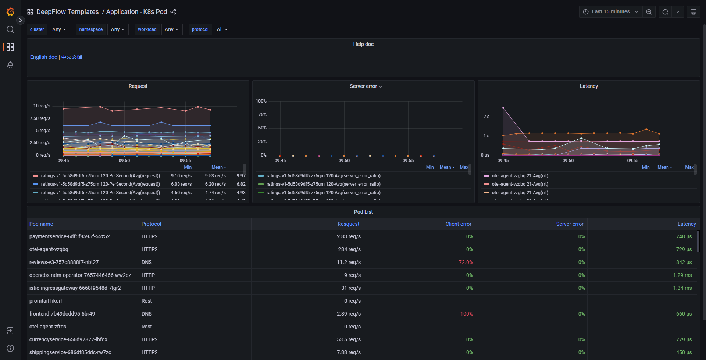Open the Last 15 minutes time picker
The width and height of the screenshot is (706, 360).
(x=610, y=12)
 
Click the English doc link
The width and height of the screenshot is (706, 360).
(x=43, y=57)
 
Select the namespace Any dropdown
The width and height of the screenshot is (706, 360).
(x=118, y=29)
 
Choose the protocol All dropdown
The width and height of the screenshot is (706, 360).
(x=222, y=29)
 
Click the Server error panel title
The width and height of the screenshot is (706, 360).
(x=363, y=86)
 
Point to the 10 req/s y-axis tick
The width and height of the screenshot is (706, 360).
(x=42, y=106)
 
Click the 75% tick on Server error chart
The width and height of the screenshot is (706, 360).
(x=262, y=115)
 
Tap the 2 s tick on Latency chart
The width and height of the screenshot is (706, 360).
(x=486, y=117)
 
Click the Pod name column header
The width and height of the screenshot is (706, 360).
(x=41, y=224)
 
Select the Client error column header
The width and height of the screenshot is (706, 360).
(x=458, y=224)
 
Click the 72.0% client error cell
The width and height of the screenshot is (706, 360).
(x=466, y=262)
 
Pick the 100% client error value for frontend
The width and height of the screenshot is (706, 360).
(x=466, y=314)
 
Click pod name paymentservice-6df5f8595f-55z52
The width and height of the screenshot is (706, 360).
(x=69, y=236)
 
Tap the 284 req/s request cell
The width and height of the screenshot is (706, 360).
(x=349, y=249)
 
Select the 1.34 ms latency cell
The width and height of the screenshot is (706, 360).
(x=682, y=288)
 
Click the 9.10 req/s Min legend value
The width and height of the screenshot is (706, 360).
(x=181, y=176)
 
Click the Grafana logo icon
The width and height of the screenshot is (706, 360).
(x=10, y=12)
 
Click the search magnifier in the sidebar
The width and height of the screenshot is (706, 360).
(x=10, y=29)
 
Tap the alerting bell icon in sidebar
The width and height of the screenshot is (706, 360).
(x=10, y=65)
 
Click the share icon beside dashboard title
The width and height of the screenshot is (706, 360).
(x=173, y=12)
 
